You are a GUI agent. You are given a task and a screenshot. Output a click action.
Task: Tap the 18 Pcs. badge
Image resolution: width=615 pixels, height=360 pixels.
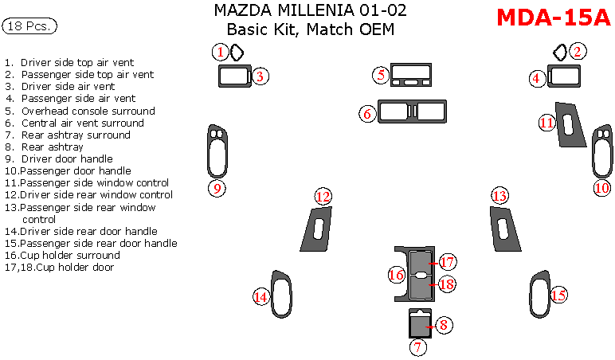(29, 26)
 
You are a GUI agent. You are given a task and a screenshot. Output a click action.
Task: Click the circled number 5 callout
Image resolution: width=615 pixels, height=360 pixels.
(382, 75)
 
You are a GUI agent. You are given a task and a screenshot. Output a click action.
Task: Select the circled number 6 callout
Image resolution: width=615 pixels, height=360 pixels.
(368, 114)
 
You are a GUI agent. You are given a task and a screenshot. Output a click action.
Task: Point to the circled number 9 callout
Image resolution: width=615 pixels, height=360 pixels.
(216, 188)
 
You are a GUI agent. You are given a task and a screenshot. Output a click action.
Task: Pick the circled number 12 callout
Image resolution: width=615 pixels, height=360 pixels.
(323, 197)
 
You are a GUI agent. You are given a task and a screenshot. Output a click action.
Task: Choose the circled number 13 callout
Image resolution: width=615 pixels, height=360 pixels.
(499, 197)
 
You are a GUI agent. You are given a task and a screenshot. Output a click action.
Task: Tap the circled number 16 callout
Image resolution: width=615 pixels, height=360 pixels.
(397, 275)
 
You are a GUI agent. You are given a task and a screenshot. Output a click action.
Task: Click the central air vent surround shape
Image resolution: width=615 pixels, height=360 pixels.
(412, 112)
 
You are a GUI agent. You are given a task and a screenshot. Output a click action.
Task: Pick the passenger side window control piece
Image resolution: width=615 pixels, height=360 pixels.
(568, 125)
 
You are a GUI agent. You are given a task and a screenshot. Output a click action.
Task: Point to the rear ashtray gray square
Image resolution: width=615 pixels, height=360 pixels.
(419, 324)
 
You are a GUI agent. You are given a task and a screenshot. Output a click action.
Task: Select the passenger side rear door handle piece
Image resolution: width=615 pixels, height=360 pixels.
(539, 295)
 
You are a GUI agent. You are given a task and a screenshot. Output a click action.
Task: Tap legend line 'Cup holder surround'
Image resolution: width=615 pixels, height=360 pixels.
(70, 256)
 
